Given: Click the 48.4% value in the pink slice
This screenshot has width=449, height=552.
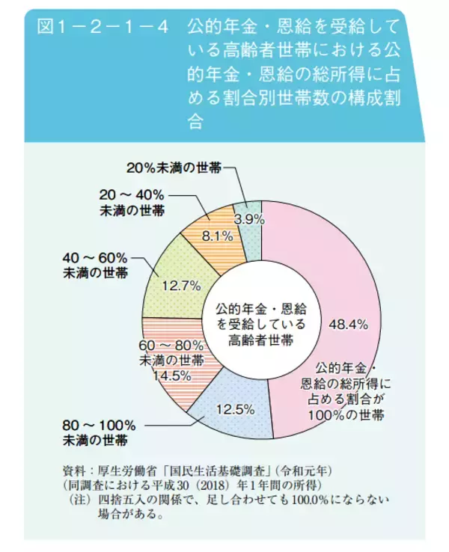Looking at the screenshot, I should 346,323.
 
